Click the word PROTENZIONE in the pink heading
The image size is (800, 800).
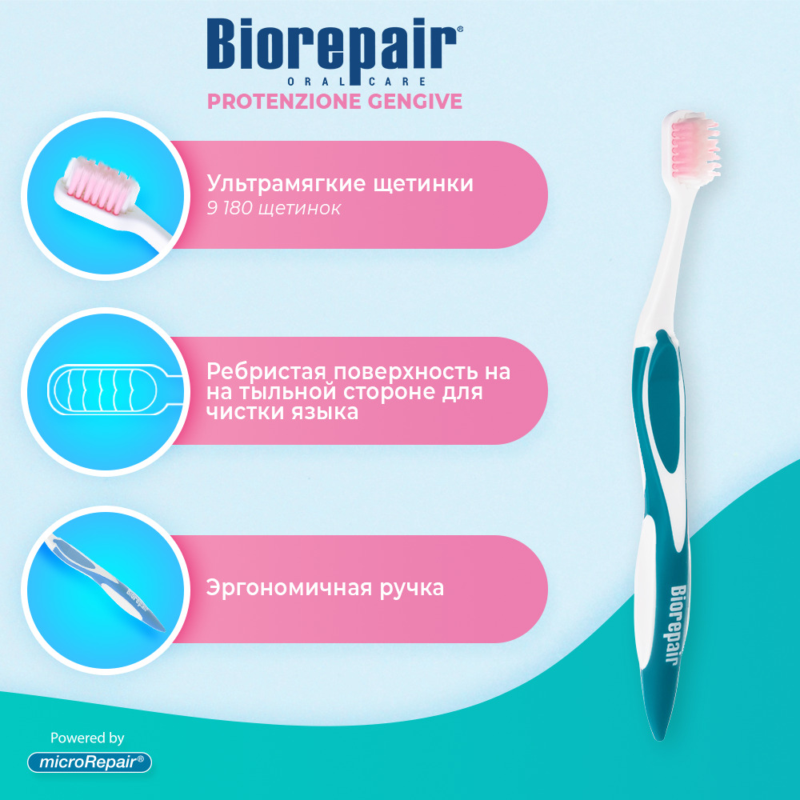[x=284, y=101]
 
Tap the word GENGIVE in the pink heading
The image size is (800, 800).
[x=414, y=101]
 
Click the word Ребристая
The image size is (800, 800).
[x=266, y=372]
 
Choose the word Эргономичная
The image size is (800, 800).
[x=289, y=588]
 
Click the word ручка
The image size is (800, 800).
[x=411, y=588]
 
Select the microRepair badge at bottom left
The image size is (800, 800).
[x=90, y=762]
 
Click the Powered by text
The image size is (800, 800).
[x=87, y=738]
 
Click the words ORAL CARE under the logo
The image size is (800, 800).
[x=357, y=81]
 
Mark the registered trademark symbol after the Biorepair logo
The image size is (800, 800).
[x=459, y=30]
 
